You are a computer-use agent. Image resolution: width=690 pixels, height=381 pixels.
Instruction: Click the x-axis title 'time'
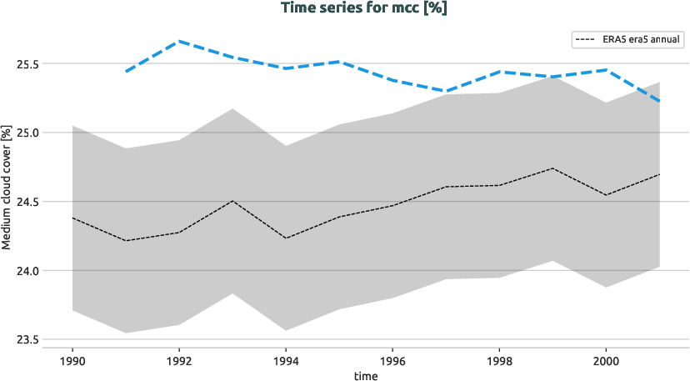click(365, 376)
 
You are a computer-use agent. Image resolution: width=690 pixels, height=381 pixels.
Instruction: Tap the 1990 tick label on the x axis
click(72, 361)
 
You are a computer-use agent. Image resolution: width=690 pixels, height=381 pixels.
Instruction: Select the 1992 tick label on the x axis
click(179, 361)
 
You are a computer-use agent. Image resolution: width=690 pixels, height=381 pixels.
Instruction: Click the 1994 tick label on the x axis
click(286, 361)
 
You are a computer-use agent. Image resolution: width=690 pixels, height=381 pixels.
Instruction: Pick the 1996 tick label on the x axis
click(392, 361)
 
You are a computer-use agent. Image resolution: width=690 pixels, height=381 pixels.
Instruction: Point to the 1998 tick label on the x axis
click(499, 361)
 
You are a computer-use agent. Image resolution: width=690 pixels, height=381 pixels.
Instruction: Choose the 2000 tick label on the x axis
click(606, 361)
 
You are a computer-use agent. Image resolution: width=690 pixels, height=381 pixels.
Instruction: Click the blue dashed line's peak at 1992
click(179, 41)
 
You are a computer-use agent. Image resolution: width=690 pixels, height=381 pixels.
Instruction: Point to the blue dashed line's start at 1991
click(126, 72)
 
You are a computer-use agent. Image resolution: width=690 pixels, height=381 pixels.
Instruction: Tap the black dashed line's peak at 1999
click(552, 168)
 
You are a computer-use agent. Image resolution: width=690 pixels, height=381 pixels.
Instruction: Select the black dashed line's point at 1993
click(232, 201)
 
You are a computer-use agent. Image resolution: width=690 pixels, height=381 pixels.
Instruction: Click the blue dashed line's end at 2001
click(659, 101)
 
